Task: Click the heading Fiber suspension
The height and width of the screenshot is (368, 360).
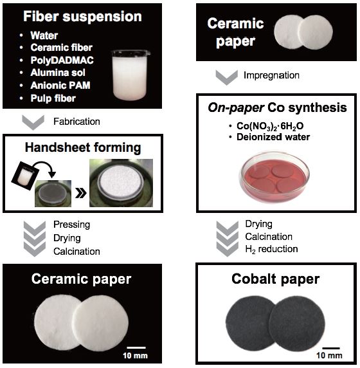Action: pyautogui.click(x=82, y=17)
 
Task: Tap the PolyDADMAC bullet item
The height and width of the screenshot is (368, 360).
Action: pyautogui.click(x=62, y=60)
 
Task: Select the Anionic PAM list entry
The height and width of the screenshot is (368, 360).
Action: pyautogui.click(x=60, y=85)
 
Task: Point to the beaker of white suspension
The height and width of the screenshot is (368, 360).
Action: pyautogui.click(x=130, y=75)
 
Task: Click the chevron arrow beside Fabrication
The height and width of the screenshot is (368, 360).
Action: pyautogui.click(x=33, y=122)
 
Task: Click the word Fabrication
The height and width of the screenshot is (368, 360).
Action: pyautogui.click(x=76, y=122)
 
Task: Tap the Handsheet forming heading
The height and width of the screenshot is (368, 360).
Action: pyautogui.click(x=83, y=148)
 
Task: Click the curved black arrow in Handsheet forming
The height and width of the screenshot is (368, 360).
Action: pyautogui.click(x=46, y=168)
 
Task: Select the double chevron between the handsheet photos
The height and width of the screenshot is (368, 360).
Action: pyautogui.click(x=80, y=193)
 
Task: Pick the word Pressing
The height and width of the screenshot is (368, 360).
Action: pyautogui.click(x=71, y=225)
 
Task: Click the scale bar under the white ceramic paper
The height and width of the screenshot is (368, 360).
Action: pyautogui.click(x=136, y=347)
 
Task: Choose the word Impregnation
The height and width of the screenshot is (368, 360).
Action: pyautogui.click(x=271, y=75)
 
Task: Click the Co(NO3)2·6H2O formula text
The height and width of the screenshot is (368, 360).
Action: pyautogui.click(x=270, y=126)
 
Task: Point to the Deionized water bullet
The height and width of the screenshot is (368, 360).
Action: pyautogui.click(x=273, y=137)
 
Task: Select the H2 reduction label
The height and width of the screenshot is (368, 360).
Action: pyautogui.click(x=271, y=249)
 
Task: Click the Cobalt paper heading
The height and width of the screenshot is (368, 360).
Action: pyautogui.click(x=275, y=279)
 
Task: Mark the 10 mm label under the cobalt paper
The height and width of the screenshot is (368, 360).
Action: pyautogui.click(x=329, y=355)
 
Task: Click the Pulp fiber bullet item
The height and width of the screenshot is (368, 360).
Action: pyautogui.click(x=53, y=98)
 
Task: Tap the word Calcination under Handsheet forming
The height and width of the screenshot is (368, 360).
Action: pyautogui.click(x=76, y=252)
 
